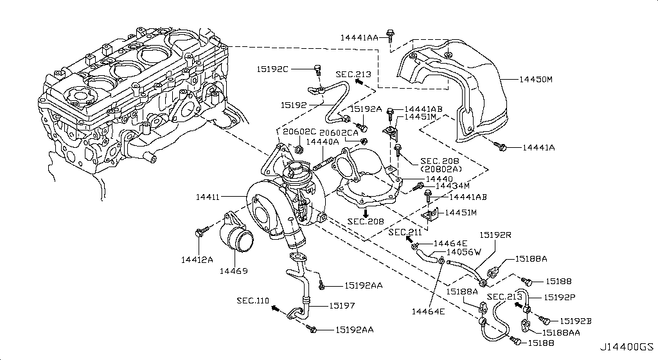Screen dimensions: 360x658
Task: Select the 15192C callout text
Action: pos(273,69)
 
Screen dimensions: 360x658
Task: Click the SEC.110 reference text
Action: pos(253,300)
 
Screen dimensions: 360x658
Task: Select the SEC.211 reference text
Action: pos(405,231)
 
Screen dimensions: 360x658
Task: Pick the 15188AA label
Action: pos(560,332)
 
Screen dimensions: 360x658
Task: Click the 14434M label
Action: pos(452,186)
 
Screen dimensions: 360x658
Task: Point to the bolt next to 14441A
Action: pos(503,148)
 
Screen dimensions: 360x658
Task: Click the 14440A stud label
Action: pos(323,141)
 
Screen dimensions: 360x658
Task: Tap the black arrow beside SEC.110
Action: pos(276,309)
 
